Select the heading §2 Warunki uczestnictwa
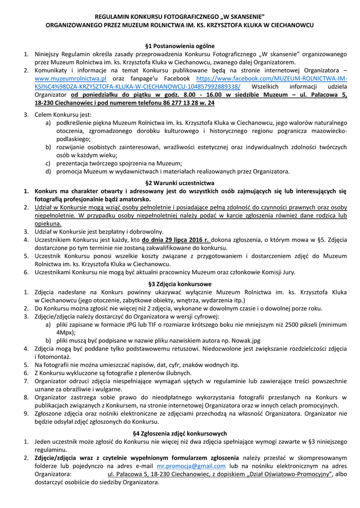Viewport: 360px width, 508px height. (180, 182)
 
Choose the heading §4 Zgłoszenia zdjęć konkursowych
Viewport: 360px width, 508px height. (180, 433)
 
